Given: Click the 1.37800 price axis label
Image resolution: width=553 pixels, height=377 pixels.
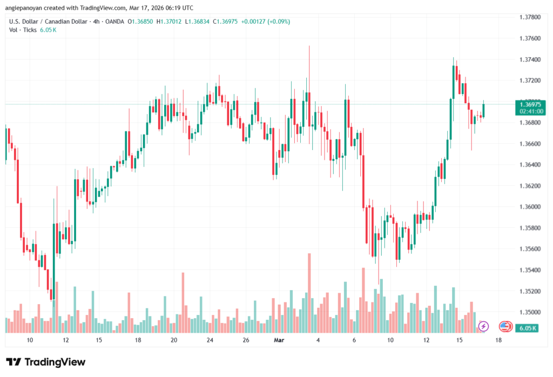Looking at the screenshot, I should point(529,17).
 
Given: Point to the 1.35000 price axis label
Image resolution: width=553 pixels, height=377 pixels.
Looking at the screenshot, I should point(529,312).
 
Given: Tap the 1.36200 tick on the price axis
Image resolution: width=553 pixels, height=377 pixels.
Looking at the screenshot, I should point(529,186).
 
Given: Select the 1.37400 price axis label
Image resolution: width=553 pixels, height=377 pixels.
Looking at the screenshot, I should point(529,59).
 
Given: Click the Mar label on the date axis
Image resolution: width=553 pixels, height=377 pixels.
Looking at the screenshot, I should point(279,340).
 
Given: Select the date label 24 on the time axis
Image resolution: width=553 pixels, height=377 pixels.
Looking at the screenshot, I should point(210,340).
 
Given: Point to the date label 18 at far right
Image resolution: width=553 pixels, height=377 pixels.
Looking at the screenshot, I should point(497,340).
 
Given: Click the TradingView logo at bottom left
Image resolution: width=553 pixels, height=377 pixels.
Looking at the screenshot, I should point(46,362).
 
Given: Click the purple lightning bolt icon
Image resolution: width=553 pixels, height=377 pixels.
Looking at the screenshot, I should point(483,326).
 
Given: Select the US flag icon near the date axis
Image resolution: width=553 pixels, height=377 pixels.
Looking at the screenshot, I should point(505,326).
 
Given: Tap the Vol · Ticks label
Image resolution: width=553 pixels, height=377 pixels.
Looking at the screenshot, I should point(23,30).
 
